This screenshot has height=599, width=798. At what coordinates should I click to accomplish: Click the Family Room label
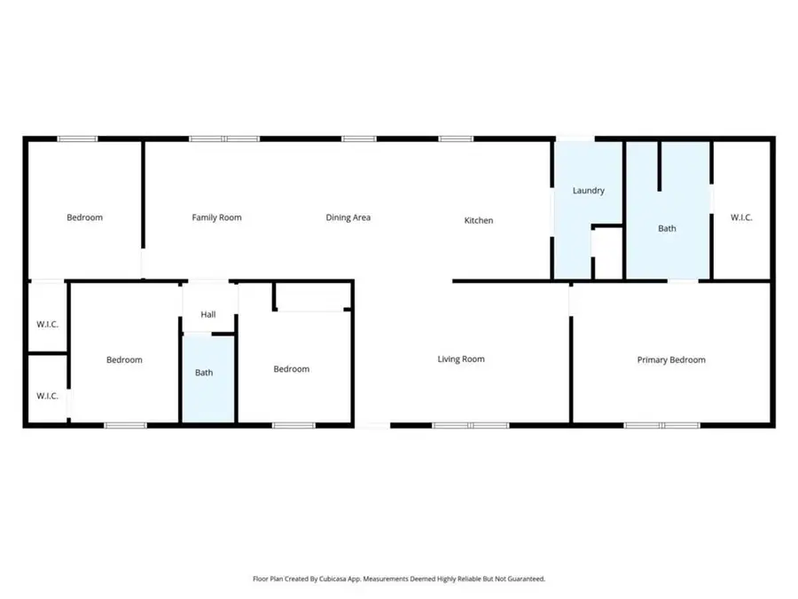tap(216, 217)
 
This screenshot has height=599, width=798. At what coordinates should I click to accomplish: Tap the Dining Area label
tap(348, 217)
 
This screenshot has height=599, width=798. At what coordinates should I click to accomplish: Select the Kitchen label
tap(479, 220)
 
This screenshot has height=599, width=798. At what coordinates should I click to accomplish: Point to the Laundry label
tap(588, 191)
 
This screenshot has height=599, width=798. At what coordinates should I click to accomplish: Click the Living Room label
tap(461, 359)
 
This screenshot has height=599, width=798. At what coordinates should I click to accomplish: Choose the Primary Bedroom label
tap(671, 359)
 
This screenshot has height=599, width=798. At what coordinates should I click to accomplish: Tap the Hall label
tap(208, 314)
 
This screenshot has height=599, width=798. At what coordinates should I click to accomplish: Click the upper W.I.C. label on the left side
tap(47, 324)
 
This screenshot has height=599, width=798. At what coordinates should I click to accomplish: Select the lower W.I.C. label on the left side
tap(47, 396)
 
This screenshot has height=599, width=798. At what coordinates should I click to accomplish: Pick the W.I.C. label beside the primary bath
tap(741, 217)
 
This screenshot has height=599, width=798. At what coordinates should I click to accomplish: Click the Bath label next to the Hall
tap(204, 373)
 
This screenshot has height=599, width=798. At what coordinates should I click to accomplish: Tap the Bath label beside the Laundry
tap(667, 228)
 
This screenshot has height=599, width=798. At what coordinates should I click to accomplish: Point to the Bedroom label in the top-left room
tap(85, 217)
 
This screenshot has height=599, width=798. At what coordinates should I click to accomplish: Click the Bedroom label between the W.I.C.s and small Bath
tap(124, 359)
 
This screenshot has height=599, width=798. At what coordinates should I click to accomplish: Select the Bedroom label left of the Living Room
tap(291, 369)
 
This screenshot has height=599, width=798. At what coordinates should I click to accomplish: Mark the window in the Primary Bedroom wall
tap(662, 426)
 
